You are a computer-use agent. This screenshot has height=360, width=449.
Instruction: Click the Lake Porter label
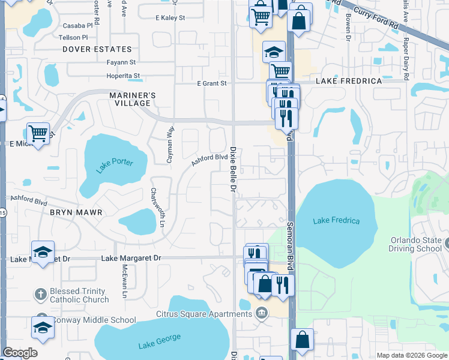point(113,163)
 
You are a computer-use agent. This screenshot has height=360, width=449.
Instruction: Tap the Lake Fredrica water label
point(336,221)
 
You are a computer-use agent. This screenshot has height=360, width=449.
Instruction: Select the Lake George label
point(159,341)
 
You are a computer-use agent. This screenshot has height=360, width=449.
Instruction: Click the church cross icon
point(40,295)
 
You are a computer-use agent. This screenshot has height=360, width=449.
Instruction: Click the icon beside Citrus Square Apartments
point(262,313)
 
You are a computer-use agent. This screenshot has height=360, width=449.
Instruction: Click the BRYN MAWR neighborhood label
point(76,212)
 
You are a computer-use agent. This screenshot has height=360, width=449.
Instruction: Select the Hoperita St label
point(123,76)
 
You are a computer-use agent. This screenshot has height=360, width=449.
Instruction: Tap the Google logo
point(20,353)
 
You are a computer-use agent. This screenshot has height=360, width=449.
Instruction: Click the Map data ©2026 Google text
point(411,355)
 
